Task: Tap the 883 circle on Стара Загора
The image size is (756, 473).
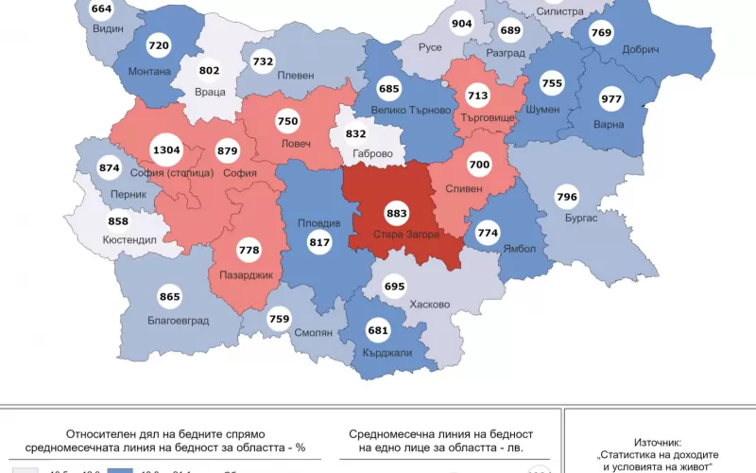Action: pyautogui.click(x=397, y=214)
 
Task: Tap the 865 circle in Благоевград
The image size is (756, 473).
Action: pyautogui.click(x=170, y=297)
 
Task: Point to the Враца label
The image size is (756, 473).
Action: pyautogui.click(x=210, y=93)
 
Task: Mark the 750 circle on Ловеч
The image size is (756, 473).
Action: pyautogui.click(x=287, y=121)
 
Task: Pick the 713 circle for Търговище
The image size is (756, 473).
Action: pyautogui.click(x=476, y=96)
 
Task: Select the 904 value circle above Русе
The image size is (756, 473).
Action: pyautogui.click(x=462, y=25)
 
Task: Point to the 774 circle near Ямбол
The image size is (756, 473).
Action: pyautogui.click(x=488, y=232)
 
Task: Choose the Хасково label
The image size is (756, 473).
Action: pyautogui.click(x=430, y=306)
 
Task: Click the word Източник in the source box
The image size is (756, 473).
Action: pyautogui.click(x=656, y=429)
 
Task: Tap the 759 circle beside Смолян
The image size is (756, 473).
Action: pyautogui.click(x=279, y=319)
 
